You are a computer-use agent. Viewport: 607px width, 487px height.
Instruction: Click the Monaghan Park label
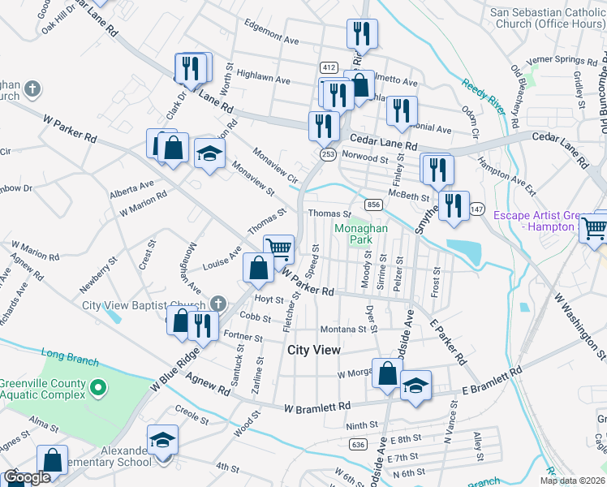pyautogui.click(x=361, y=235)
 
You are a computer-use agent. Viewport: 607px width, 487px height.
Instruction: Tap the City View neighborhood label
pyautogui.click(x=314, y=349)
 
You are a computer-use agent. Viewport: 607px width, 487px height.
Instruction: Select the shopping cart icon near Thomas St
pyautogui.click(x=278, y=248)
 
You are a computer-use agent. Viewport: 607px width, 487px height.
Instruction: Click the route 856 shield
pyautogui.click(x=373, y=205)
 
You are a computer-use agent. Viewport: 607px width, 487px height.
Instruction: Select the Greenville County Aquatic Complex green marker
pyautogui.click(x=97, y=389)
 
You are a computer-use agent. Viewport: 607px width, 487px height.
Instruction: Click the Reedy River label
pyautogui.click(x=478, y=95)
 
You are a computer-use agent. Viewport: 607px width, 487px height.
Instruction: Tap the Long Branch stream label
pyautogui.click(x=70, y=355)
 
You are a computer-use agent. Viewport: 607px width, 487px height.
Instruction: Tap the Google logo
pyautogui.click(x=26, y=477)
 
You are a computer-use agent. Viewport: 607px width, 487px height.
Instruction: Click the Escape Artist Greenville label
pyautogui.click(x=548, y=221)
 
